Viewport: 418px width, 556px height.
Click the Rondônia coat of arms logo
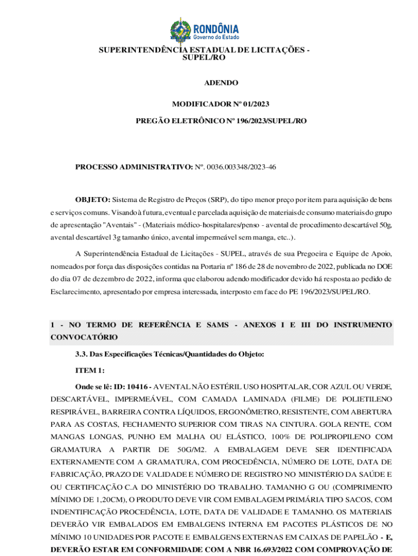(x=180, y=31)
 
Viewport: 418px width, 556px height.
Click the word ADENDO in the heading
(x=221, y=83)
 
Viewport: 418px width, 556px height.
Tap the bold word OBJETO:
(x=93, y=200)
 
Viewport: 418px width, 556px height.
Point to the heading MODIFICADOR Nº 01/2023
(x=221, y=104)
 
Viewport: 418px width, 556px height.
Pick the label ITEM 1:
(x=90, y=370)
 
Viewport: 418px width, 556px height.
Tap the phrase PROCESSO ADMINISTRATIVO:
(x=133, y=167)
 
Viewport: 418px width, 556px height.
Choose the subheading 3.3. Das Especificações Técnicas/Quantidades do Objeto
(x=169, y=354)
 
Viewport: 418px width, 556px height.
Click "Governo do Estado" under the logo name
(x=217, y=37)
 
